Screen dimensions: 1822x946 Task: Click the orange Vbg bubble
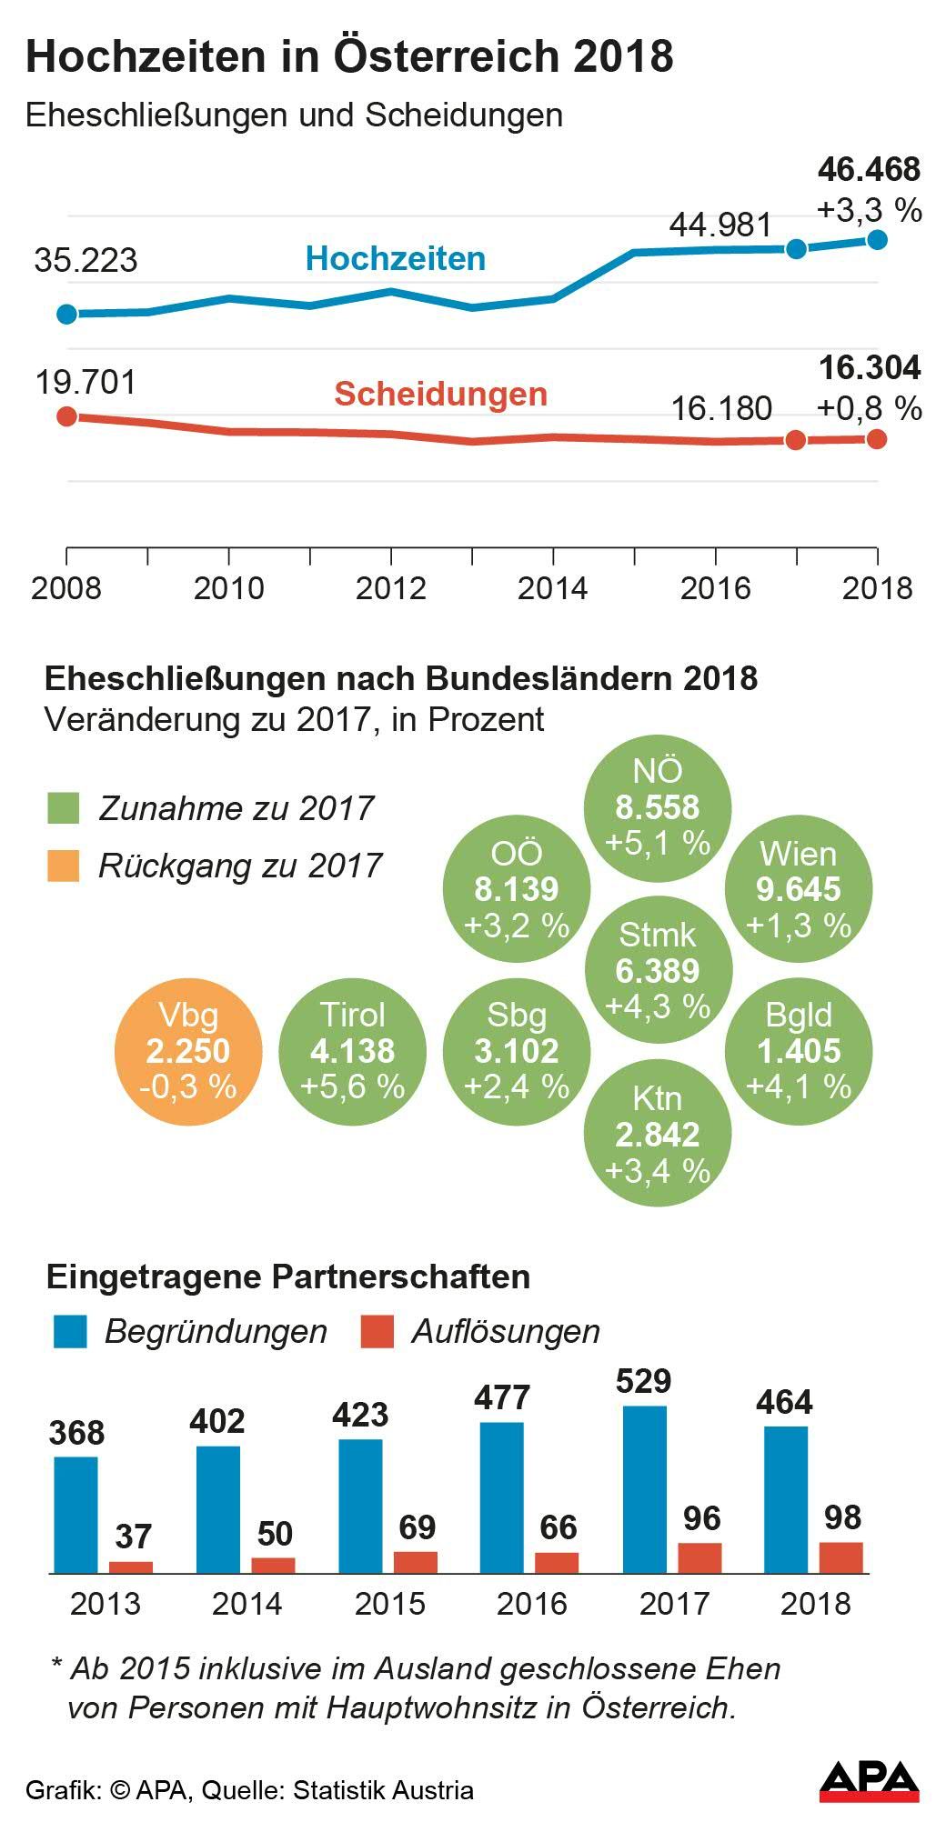click(x=188, y=1052)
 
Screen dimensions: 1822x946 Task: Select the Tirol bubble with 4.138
click(x=352, y=1052)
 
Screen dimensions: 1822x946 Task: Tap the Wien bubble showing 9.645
click(x=798, y=889)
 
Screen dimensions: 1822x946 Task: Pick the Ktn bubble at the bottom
click(x=657, y=1134)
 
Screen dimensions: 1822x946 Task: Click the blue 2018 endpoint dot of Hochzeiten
click(x=877, y=239)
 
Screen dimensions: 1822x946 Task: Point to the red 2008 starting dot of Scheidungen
click(x=66, y=416)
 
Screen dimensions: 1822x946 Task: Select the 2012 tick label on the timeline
click(x=390, y=588)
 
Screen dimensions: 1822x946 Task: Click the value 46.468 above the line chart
click(x=869, y=170)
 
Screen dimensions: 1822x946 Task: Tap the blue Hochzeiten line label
click(x=395, y=259)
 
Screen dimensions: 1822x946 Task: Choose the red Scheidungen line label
click(x=440, y=395)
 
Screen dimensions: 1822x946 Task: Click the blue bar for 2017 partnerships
click(x=645, y=1489)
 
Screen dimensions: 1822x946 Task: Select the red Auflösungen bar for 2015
click(x=416, y=1562)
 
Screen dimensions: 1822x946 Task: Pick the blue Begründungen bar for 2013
click(x=75, y=1515)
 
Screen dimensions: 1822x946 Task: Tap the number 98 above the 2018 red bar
click(x=842, y=1517)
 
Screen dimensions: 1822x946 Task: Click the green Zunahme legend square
click(x=64, y=808)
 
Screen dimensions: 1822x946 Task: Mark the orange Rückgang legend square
click(x=64, y=866)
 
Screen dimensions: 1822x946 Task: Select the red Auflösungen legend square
click(x=377, y=1331)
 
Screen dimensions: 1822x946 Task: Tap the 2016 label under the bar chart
click(x=532, y=1604)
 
